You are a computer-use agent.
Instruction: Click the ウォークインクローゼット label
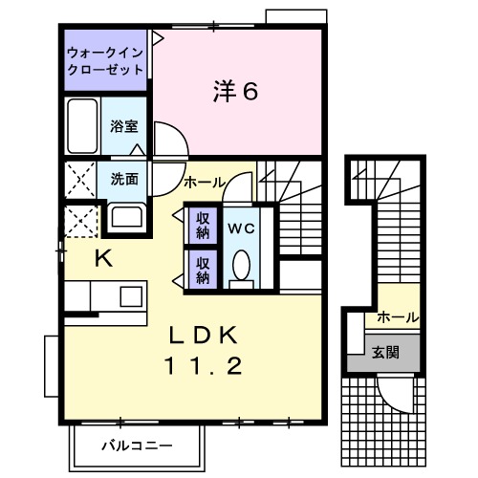(106, 60)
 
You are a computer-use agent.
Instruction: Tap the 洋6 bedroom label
(234, 92)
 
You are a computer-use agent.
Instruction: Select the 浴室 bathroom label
(123, 125)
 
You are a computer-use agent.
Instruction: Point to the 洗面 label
(123, 179)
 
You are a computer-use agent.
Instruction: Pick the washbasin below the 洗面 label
(123, 215)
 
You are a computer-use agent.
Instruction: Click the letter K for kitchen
(102, 256)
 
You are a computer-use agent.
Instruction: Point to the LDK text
(203, 336)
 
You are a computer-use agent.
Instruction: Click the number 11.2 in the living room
(203, 365)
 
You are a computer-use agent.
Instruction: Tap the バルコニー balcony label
(136, 445)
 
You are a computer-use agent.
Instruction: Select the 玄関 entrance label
(386, 352)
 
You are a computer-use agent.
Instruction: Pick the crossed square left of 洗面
(79, 178)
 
